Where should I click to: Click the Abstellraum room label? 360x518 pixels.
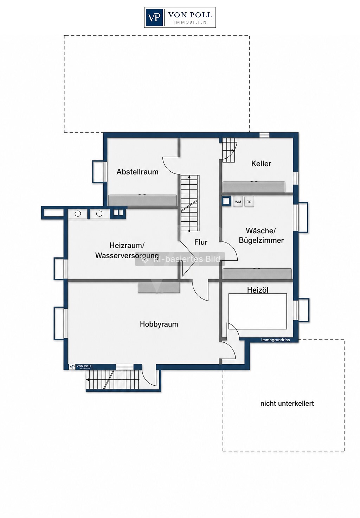coord(137,172)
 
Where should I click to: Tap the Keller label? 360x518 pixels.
coord(261,164)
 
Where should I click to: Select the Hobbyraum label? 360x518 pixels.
coord(159,324)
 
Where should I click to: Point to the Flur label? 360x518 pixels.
coord(201,242)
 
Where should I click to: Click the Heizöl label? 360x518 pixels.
coord(258,290)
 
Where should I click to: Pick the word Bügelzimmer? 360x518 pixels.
coord(261,240)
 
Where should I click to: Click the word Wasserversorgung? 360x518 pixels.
coord(127,256)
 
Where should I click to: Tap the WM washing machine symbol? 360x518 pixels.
coord(238,202)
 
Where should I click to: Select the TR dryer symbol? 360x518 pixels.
coord(249,202)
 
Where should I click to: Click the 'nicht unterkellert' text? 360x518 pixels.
coord(287,404)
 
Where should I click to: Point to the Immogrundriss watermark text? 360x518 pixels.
coord(275,340)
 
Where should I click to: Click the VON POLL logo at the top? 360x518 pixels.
coord(180,17)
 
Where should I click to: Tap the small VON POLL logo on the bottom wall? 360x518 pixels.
coord(81,367)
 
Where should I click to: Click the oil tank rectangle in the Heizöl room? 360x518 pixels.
coord(258,311)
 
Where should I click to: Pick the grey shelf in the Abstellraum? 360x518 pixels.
coord(142,200)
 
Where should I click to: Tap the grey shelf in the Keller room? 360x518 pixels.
coord(254,187)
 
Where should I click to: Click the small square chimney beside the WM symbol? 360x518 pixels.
coord(226,201)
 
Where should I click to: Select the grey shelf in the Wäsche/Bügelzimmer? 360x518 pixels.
coord(257,274)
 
